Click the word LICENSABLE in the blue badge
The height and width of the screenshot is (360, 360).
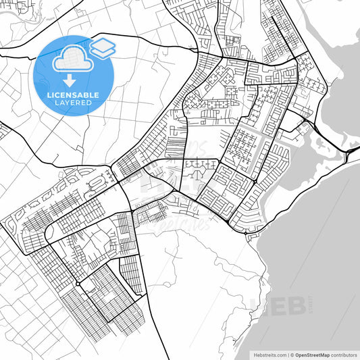73,95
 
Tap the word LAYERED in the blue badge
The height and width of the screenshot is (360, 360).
73,103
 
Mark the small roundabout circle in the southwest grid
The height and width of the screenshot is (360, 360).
78,284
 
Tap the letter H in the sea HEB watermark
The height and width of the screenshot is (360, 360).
259,306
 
